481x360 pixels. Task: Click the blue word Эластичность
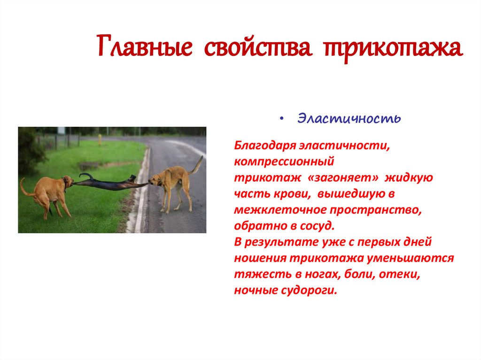[x=349, y=118]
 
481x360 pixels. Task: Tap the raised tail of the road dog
[x=197, y=165]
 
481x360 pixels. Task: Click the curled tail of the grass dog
[x=24, y=188]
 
